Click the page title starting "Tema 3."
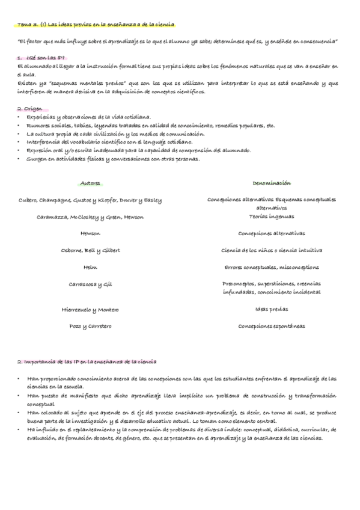click(96, 25)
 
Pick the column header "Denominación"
click(271, 183)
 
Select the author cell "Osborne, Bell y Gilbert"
click(90, 250)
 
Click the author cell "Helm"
click(90, 267)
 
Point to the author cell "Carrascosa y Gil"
click(90, 284)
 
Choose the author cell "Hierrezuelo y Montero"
click(90, 310)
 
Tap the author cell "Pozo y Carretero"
click(90, 327)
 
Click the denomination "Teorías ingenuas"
click(271, 216)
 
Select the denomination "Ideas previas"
click(271, 310)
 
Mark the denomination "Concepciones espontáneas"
click(271, 327)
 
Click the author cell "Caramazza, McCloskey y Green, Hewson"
click(90, 217)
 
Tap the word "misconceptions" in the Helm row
click(299, 267)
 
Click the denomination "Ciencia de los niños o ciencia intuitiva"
click(271, 250)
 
